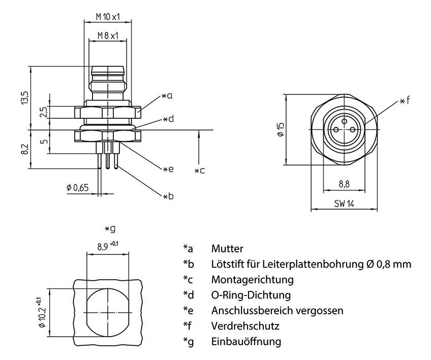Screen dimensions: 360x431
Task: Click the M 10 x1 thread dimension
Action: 107,17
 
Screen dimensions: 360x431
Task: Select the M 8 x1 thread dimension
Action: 107,36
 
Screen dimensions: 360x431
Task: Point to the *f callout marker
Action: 404,101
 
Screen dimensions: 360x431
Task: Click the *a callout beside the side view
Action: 167,95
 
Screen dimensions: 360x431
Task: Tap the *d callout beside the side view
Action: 168,119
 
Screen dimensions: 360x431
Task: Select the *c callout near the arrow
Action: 200,171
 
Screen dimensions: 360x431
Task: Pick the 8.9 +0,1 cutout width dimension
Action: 107,247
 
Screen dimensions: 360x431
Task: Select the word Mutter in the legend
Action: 227,249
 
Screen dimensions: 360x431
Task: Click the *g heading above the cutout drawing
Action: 109,229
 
